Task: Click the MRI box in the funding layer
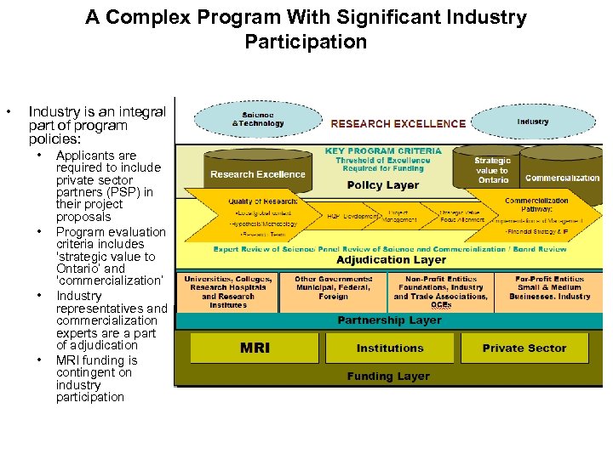(x=255, y=348)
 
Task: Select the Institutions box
(x=389, y=348)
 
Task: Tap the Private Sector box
(x=524, y=348)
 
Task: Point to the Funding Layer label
(x=388, y=376)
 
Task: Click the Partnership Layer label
(x=389, y=320)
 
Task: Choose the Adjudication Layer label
(x=391, y=260)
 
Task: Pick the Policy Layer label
(x=383, y=185)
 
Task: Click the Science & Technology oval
(x=258, y=120)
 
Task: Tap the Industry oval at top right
(x=533, y=122)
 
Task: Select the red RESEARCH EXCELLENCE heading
(x=398, y=123)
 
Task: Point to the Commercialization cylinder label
(x=562, y=178)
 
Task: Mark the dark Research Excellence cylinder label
(x=257, y=174)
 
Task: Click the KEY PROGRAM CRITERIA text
(x=383, y=151)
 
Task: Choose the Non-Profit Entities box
(x=440, y=292)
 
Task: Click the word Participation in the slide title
(x=306, y=41)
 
